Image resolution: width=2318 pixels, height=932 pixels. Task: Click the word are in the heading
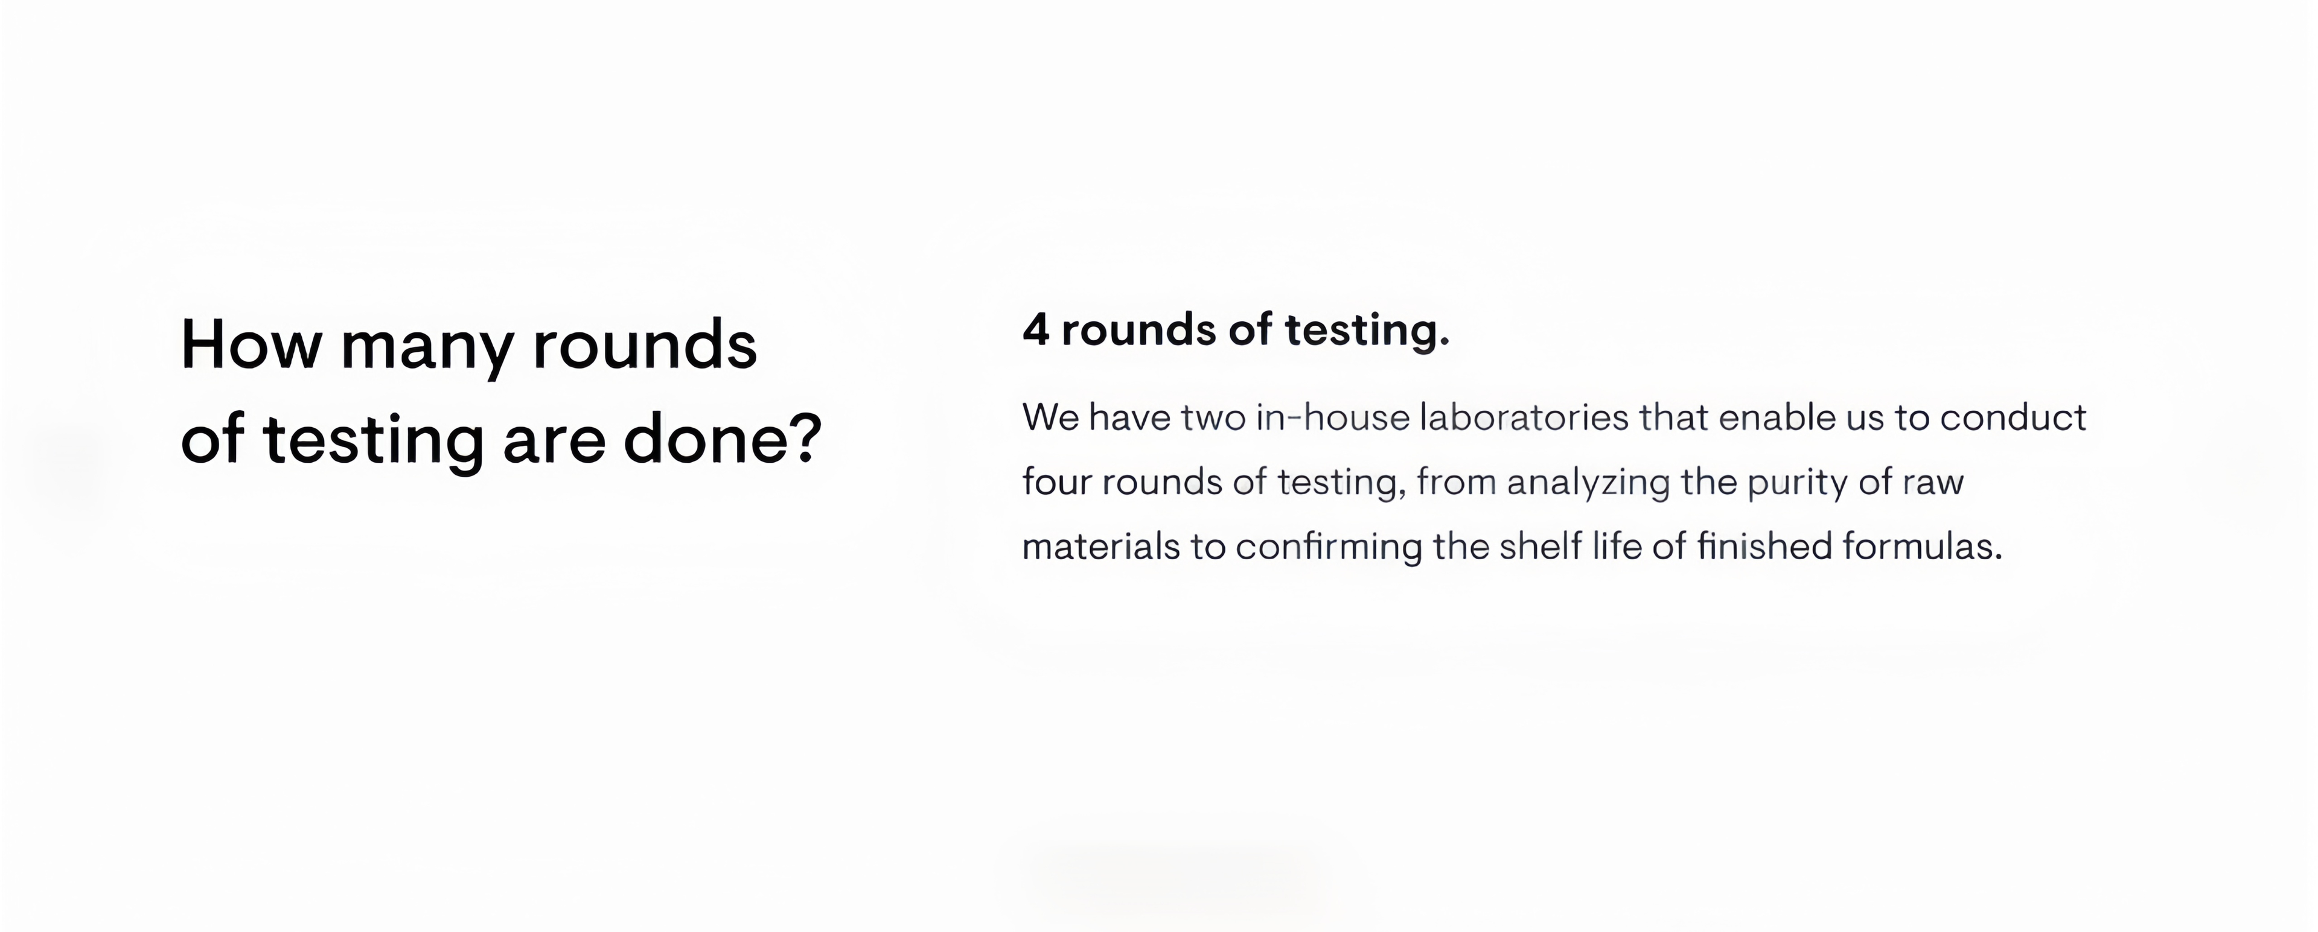554,445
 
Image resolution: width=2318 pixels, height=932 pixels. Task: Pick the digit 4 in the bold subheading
1036,330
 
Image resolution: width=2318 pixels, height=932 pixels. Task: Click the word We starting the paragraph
1050,417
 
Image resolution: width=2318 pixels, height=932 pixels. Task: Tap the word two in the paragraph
1212,417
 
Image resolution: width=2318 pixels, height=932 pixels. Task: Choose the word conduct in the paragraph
2013,417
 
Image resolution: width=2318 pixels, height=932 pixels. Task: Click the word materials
1100,547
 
